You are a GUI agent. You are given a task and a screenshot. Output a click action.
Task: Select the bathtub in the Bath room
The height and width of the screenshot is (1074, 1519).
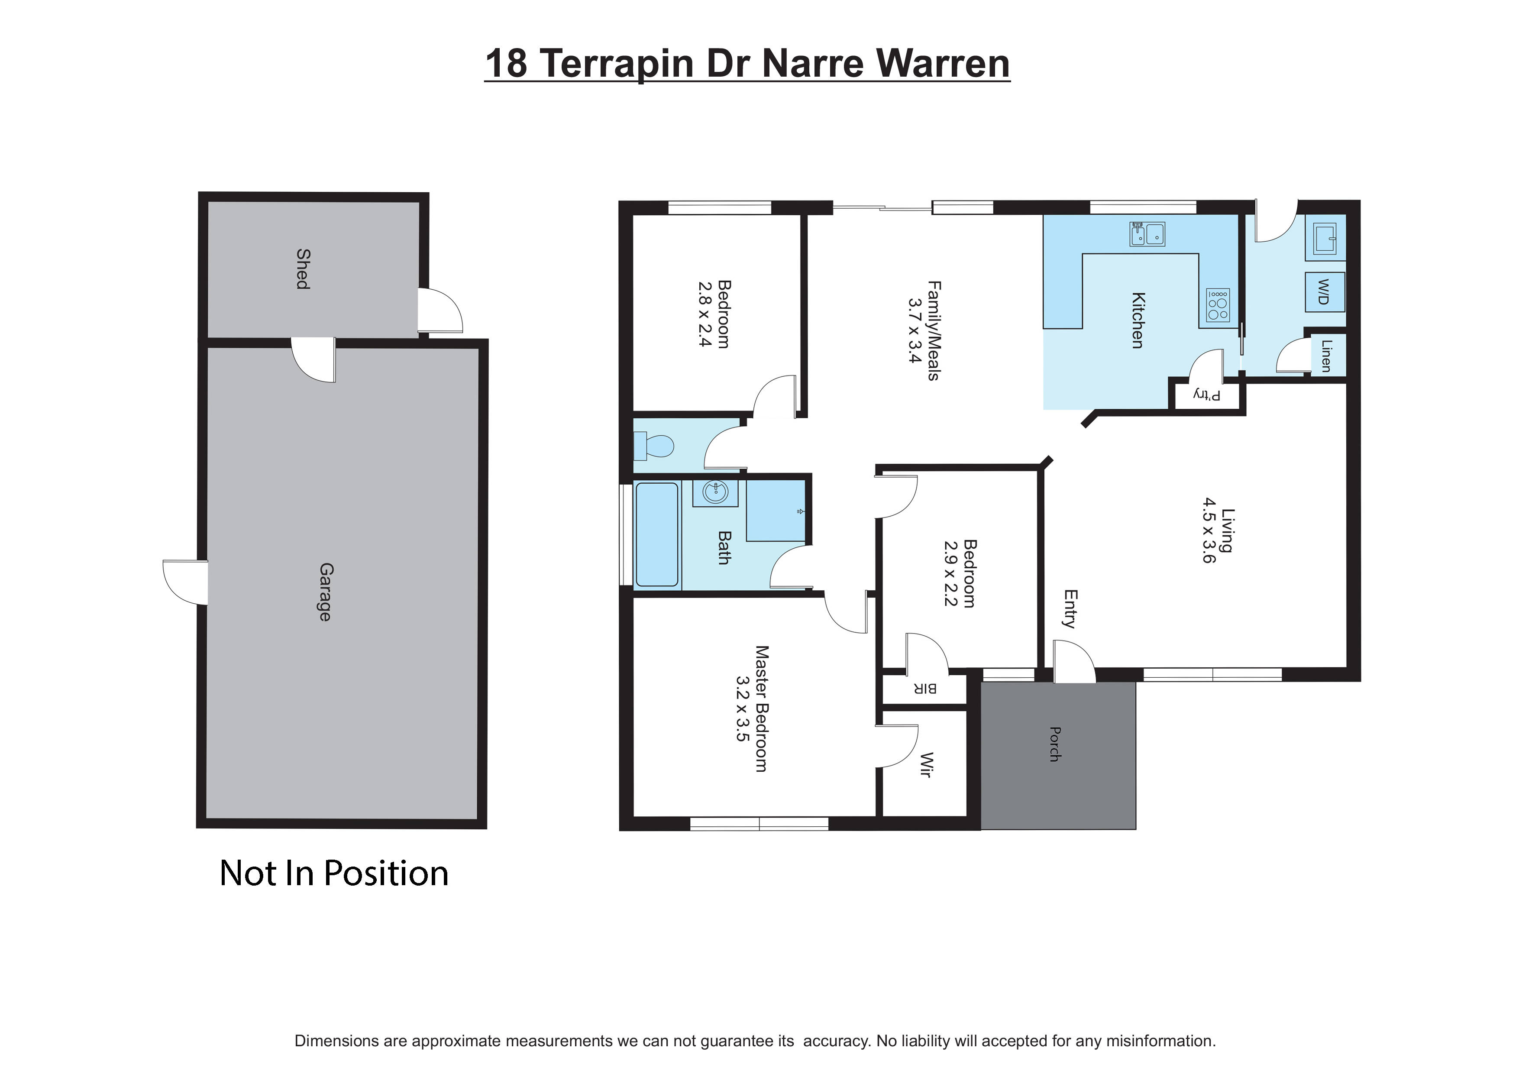click(657, 535)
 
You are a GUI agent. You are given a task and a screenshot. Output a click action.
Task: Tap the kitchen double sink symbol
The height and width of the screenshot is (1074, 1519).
click(1147, 233)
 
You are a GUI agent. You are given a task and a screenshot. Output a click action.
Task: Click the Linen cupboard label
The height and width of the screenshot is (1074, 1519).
click(1326, 356)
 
